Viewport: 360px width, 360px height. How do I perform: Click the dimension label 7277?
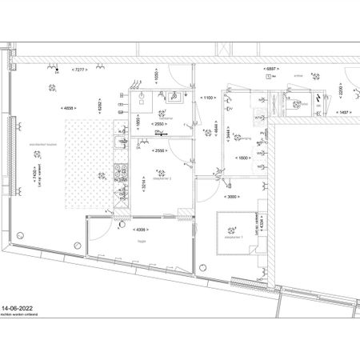(x=78, y=70)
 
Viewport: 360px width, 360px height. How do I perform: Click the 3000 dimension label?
(x=233, y=196)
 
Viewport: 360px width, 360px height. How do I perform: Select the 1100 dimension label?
(x=210, y=98)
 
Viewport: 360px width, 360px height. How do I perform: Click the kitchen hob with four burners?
(x=122, y=171)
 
